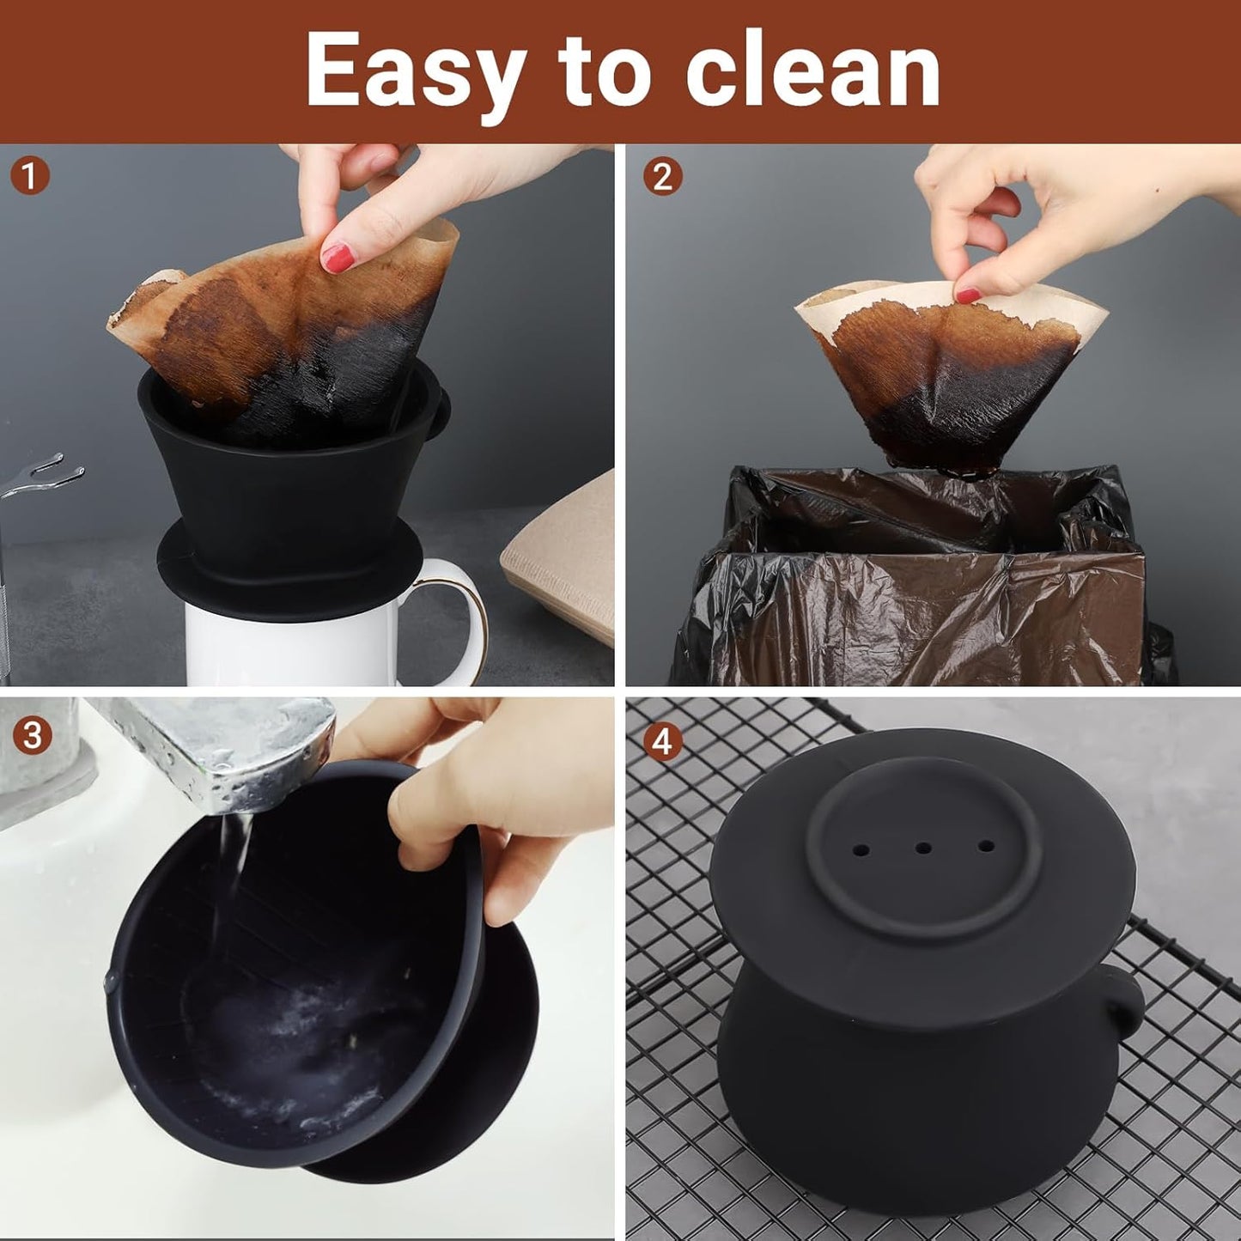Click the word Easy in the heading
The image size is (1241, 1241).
415,72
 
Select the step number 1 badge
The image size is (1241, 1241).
30,176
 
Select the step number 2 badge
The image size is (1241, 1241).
662,176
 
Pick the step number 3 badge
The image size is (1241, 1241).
32,736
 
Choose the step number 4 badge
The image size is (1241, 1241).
662,741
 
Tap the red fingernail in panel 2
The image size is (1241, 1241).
968,295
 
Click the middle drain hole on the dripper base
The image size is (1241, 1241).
923,848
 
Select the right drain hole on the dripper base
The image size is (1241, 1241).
986,847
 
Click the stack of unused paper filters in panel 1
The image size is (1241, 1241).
563,567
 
